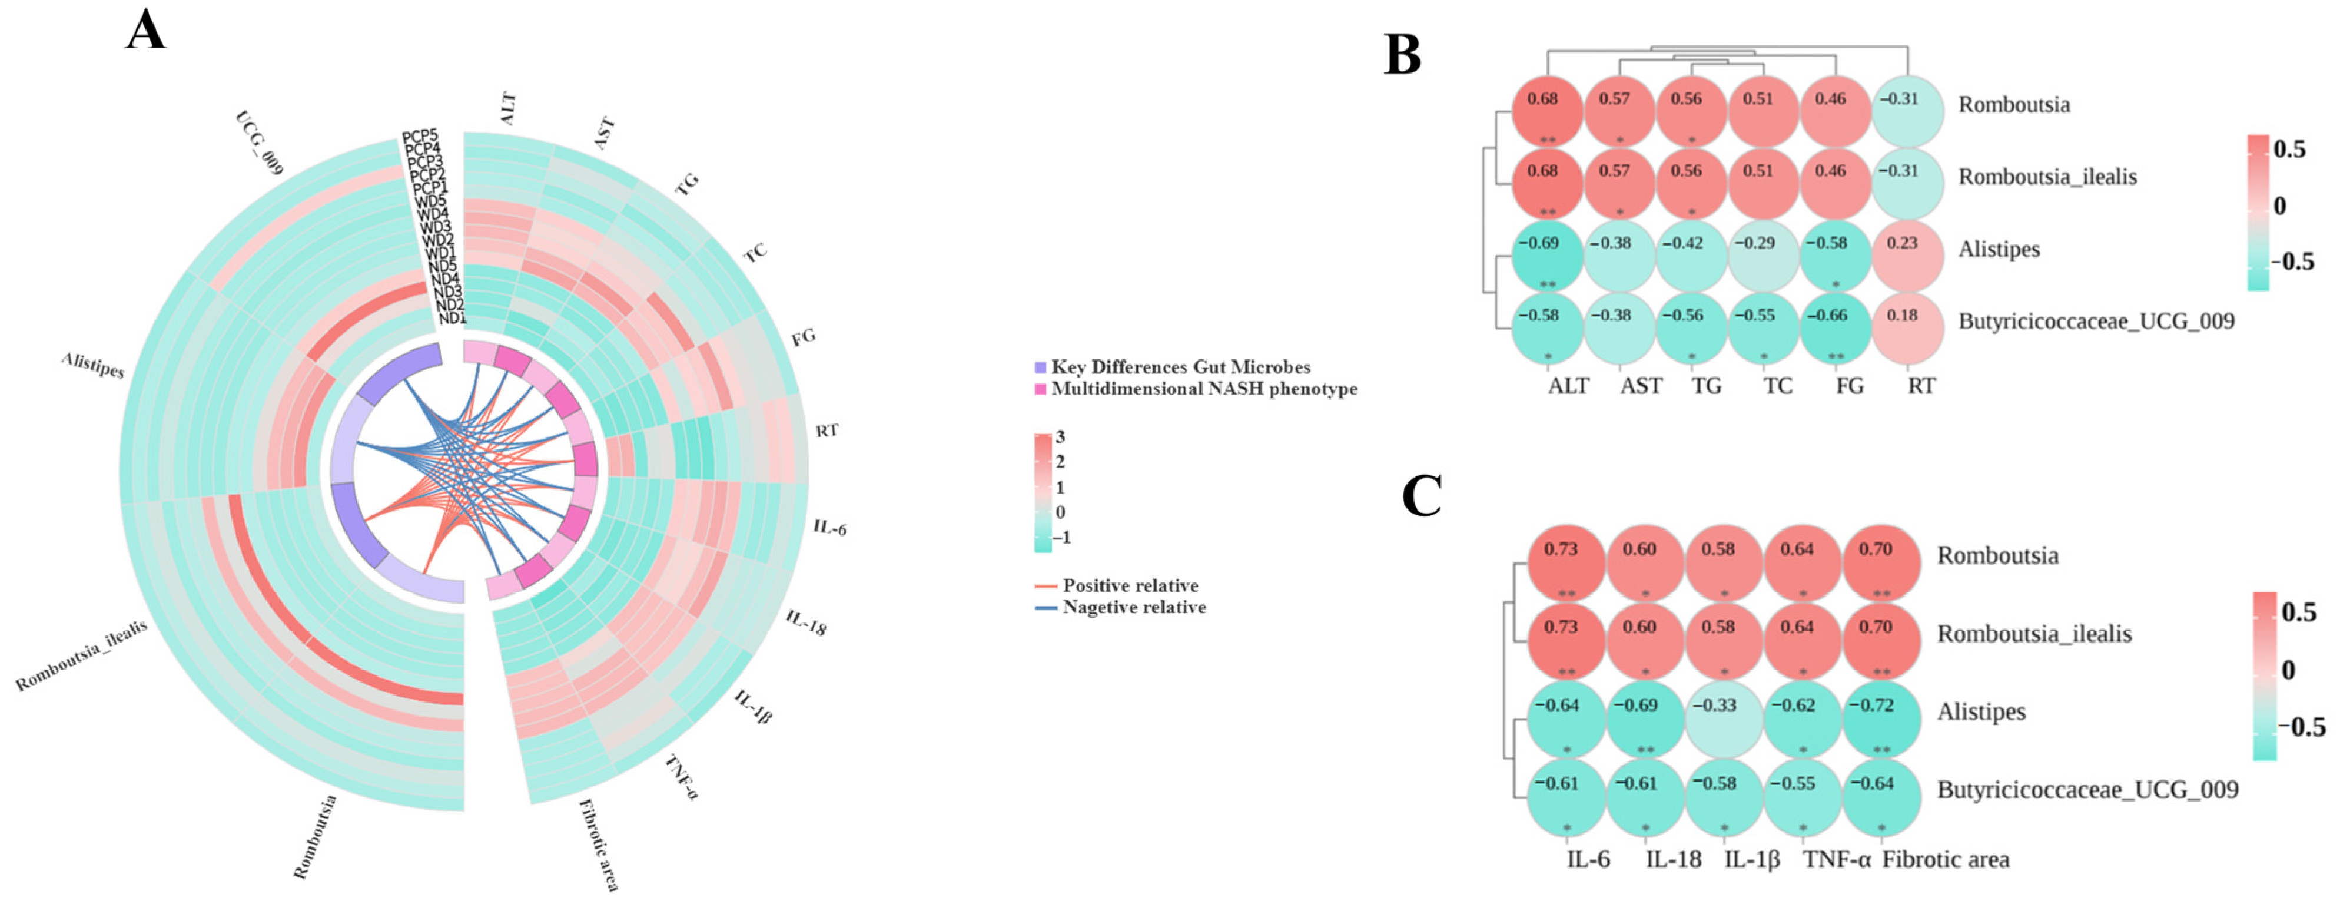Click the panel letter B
1402,57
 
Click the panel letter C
1422,497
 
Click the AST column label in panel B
1641,386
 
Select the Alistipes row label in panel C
1981,711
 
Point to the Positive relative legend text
1130,586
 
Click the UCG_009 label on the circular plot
260,143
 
